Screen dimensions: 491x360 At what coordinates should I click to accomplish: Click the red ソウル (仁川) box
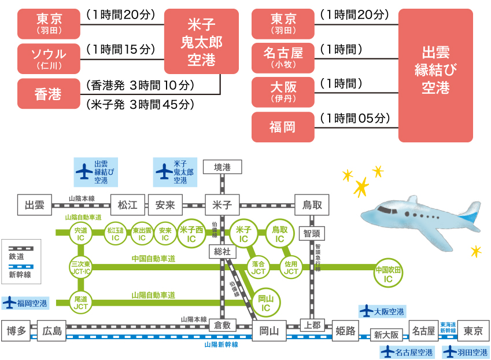click(49, 59)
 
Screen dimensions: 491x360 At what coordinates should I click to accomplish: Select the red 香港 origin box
click(49, 94)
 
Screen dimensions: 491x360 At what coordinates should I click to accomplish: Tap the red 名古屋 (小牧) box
click(283, 58)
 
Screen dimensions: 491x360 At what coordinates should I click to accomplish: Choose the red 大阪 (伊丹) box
click(283, 93)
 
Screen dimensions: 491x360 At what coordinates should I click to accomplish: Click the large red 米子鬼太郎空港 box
click(201, 41)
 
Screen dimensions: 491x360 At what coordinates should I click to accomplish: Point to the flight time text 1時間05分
click(355, 119)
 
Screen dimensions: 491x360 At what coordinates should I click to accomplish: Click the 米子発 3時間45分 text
click(141, 105)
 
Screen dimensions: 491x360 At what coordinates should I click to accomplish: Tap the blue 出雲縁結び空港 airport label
click(96, 172)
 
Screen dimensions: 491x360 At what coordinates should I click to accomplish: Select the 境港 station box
click(222, 167)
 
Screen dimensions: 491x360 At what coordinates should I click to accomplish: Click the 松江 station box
click(128, 205)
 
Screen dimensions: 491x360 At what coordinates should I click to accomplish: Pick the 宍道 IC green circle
click(80, 234)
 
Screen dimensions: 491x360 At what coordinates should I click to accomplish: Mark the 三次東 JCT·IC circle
click(80, 267)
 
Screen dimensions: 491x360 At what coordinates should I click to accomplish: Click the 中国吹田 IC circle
click(388, 274)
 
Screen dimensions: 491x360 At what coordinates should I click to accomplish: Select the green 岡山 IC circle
click(265, 303)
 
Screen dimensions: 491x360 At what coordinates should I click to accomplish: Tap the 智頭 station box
click(312, 233)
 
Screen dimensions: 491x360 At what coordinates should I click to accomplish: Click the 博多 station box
click(16, 330)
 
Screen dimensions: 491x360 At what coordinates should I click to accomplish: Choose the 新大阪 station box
click(386, 335)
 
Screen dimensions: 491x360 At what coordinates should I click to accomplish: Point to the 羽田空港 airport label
click(466, 352)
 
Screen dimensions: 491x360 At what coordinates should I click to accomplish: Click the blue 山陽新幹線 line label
click(221, 344)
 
